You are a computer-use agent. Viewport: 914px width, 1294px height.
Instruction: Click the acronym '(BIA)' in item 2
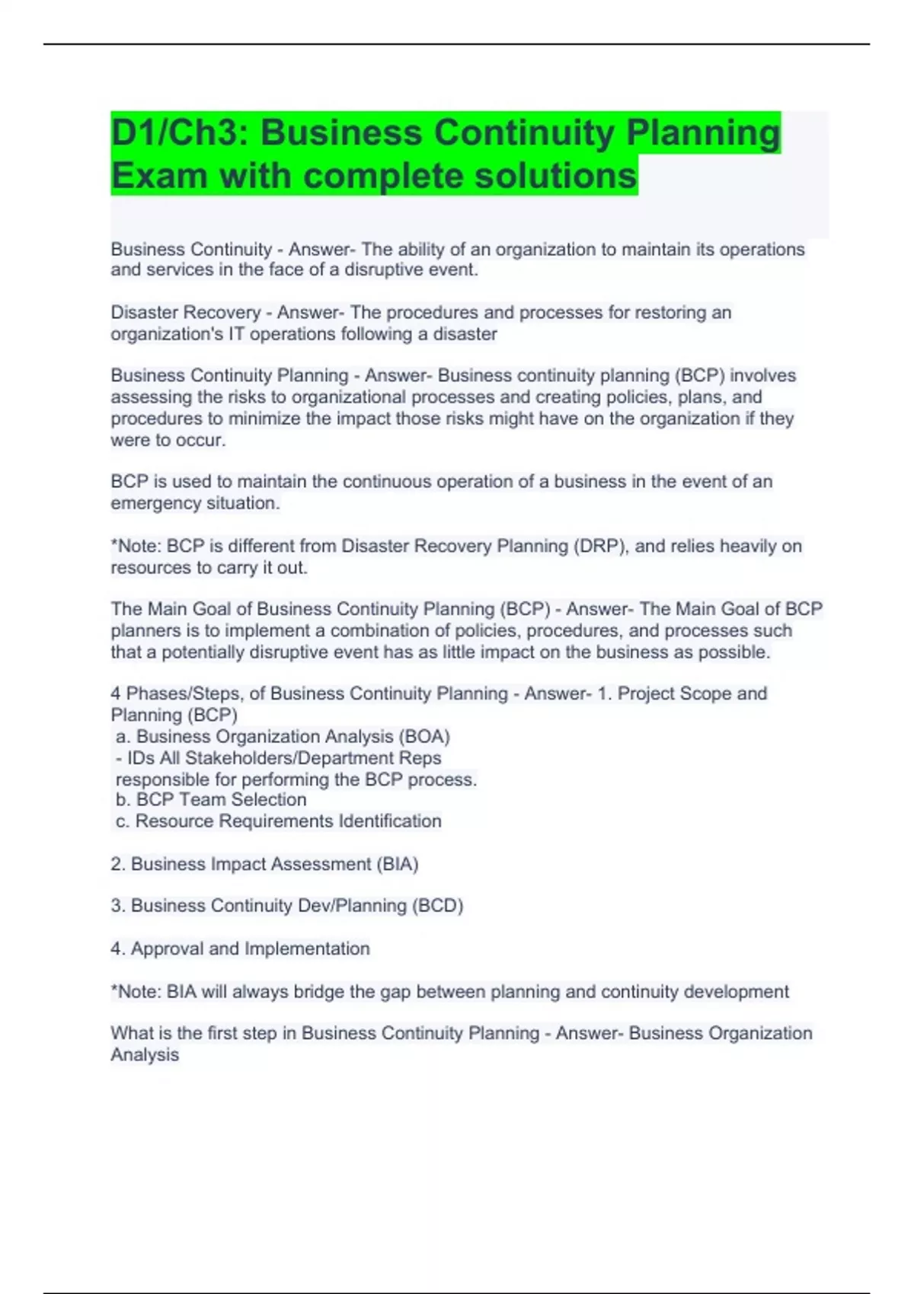(397, 864)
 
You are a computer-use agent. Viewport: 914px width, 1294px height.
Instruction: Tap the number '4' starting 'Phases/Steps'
(116, 693)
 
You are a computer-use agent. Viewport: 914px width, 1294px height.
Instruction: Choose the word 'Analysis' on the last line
(145, 1054)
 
